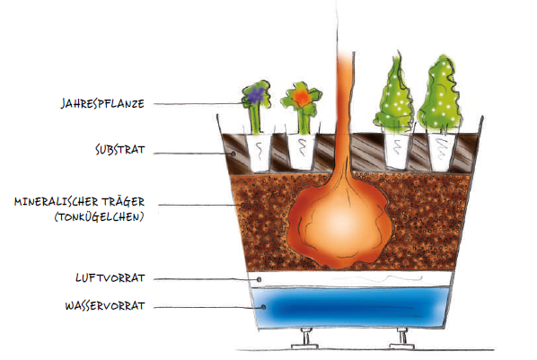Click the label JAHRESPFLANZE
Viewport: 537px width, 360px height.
[x=102, y=103]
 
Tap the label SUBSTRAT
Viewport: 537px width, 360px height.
[x=119, y=149]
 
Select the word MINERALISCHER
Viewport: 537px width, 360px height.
[x=57, y=201]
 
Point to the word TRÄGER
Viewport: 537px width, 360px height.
[x=124, y=201]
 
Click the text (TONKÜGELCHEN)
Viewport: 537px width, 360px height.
[x=99, y=217]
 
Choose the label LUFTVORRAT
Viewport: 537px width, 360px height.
[x=110, y=277]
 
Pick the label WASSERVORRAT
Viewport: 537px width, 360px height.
[x=105, y=305]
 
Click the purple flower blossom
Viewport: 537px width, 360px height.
[x=256, y=95]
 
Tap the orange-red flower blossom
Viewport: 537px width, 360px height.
[x=302, y=97]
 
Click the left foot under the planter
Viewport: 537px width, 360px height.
[x=304, y=338]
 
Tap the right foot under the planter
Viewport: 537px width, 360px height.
[x=402, y=338]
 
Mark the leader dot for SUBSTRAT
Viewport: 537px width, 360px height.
[x=233, y=154]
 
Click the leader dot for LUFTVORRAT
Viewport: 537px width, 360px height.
[x=259, y=280]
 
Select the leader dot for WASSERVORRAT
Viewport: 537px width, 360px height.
[x=263, y=307]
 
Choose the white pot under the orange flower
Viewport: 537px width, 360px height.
[x=302, y=152]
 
